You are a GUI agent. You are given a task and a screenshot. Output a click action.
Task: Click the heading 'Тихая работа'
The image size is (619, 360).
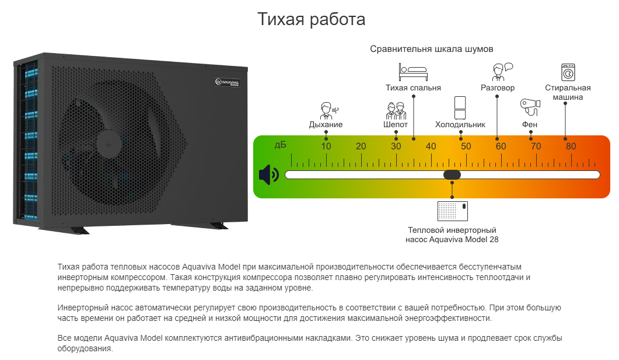(312, 19)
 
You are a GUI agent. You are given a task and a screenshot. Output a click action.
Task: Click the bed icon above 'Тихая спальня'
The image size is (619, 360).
(413, 72)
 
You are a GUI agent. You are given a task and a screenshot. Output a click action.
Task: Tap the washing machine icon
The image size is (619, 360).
(568, 72)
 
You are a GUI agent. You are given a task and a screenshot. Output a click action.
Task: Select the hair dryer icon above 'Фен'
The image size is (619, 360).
(530, 107)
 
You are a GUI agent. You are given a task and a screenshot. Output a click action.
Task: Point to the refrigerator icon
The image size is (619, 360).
(460, 108)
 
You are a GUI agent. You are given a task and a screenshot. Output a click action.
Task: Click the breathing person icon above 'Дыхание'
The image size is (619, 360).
(329, 110)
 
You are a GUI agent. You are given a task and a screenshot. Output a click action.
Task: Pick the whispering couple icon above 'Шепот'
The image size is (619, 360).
(396, 110)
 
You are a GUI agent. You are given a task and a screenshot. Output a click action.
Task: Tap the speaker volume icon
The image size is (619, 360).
(269, 174)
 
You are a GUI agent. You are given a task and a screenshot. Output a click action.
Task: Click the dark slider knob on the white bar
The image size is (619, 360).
(452, 174)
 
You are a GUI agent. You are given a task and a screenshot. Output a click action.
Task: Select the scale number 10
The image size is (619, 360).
(326, 146)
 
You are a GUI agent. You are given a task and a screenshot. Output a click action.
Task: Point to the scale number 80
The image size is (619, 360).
(571, 146)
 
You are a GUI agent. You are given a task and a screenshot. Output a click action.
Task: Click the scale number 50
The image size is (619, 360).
(466, 146)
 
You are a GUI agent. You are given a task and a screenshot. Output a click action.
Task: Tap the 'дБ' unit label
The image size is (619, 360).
(280, 145)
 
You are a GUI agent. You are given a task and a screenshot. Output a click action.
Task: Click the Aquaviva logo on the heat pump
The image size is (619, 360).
(228, 82)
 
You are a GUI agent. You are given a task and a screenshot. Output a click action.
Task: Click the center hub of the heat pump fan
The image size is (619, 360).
(108, 144)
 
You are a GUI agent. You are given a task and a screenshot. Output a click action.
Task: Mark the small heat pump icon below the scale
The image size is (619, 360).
(452, 211)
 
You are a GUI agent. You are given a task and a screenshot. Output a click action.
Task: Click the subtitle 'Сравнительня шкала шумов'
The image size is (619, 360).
(432, 49)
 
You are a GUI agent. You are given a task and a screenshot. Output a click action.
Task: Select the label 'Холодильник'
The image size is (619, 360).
(460, 125)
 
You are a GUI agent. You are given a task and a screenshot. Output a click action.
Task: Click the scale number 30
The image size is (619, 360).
(396, 146)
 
